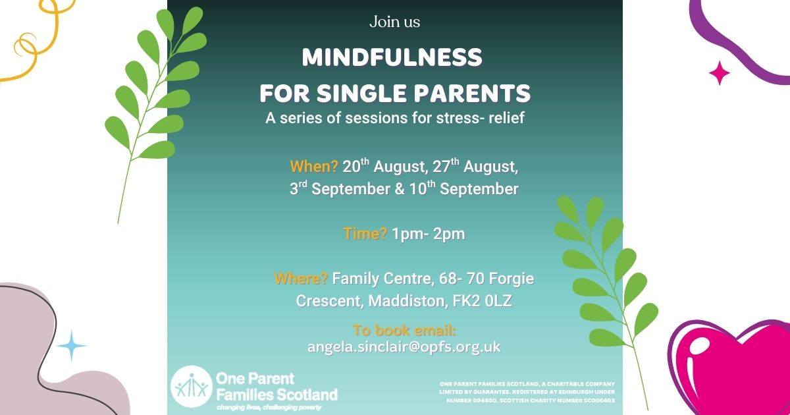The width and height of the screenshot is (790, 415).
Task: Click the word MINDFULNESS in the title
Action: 392,57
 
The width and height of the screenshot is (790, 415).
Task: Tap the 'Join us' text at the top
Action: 394,22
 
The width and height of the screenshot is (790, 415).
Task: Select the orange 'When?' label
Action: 314,166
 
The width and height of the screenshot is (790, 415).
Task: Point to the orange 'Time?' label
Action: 365,234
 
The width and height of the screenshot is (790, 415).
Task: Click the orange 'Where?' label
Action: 302,279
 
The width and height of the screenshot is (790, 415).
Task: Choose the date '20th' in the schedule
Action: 356,165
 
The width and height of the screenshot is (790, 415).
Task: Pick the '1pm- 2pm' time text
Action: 429,234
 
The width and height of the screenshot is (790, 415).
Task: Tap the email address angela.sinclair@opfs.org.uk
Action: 404,347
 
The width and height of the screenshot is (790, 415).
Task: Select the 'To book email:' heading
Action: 404,330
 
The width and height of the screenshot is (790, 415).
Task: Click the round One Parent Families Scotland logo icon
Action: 192,387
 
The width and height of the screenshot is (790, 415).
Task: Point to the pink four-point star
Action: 720,73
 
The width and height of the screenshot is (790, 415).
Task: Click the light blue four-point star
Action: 72,345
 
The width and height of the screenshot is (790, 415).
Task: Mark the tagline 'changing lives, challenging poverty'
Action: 269,407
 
